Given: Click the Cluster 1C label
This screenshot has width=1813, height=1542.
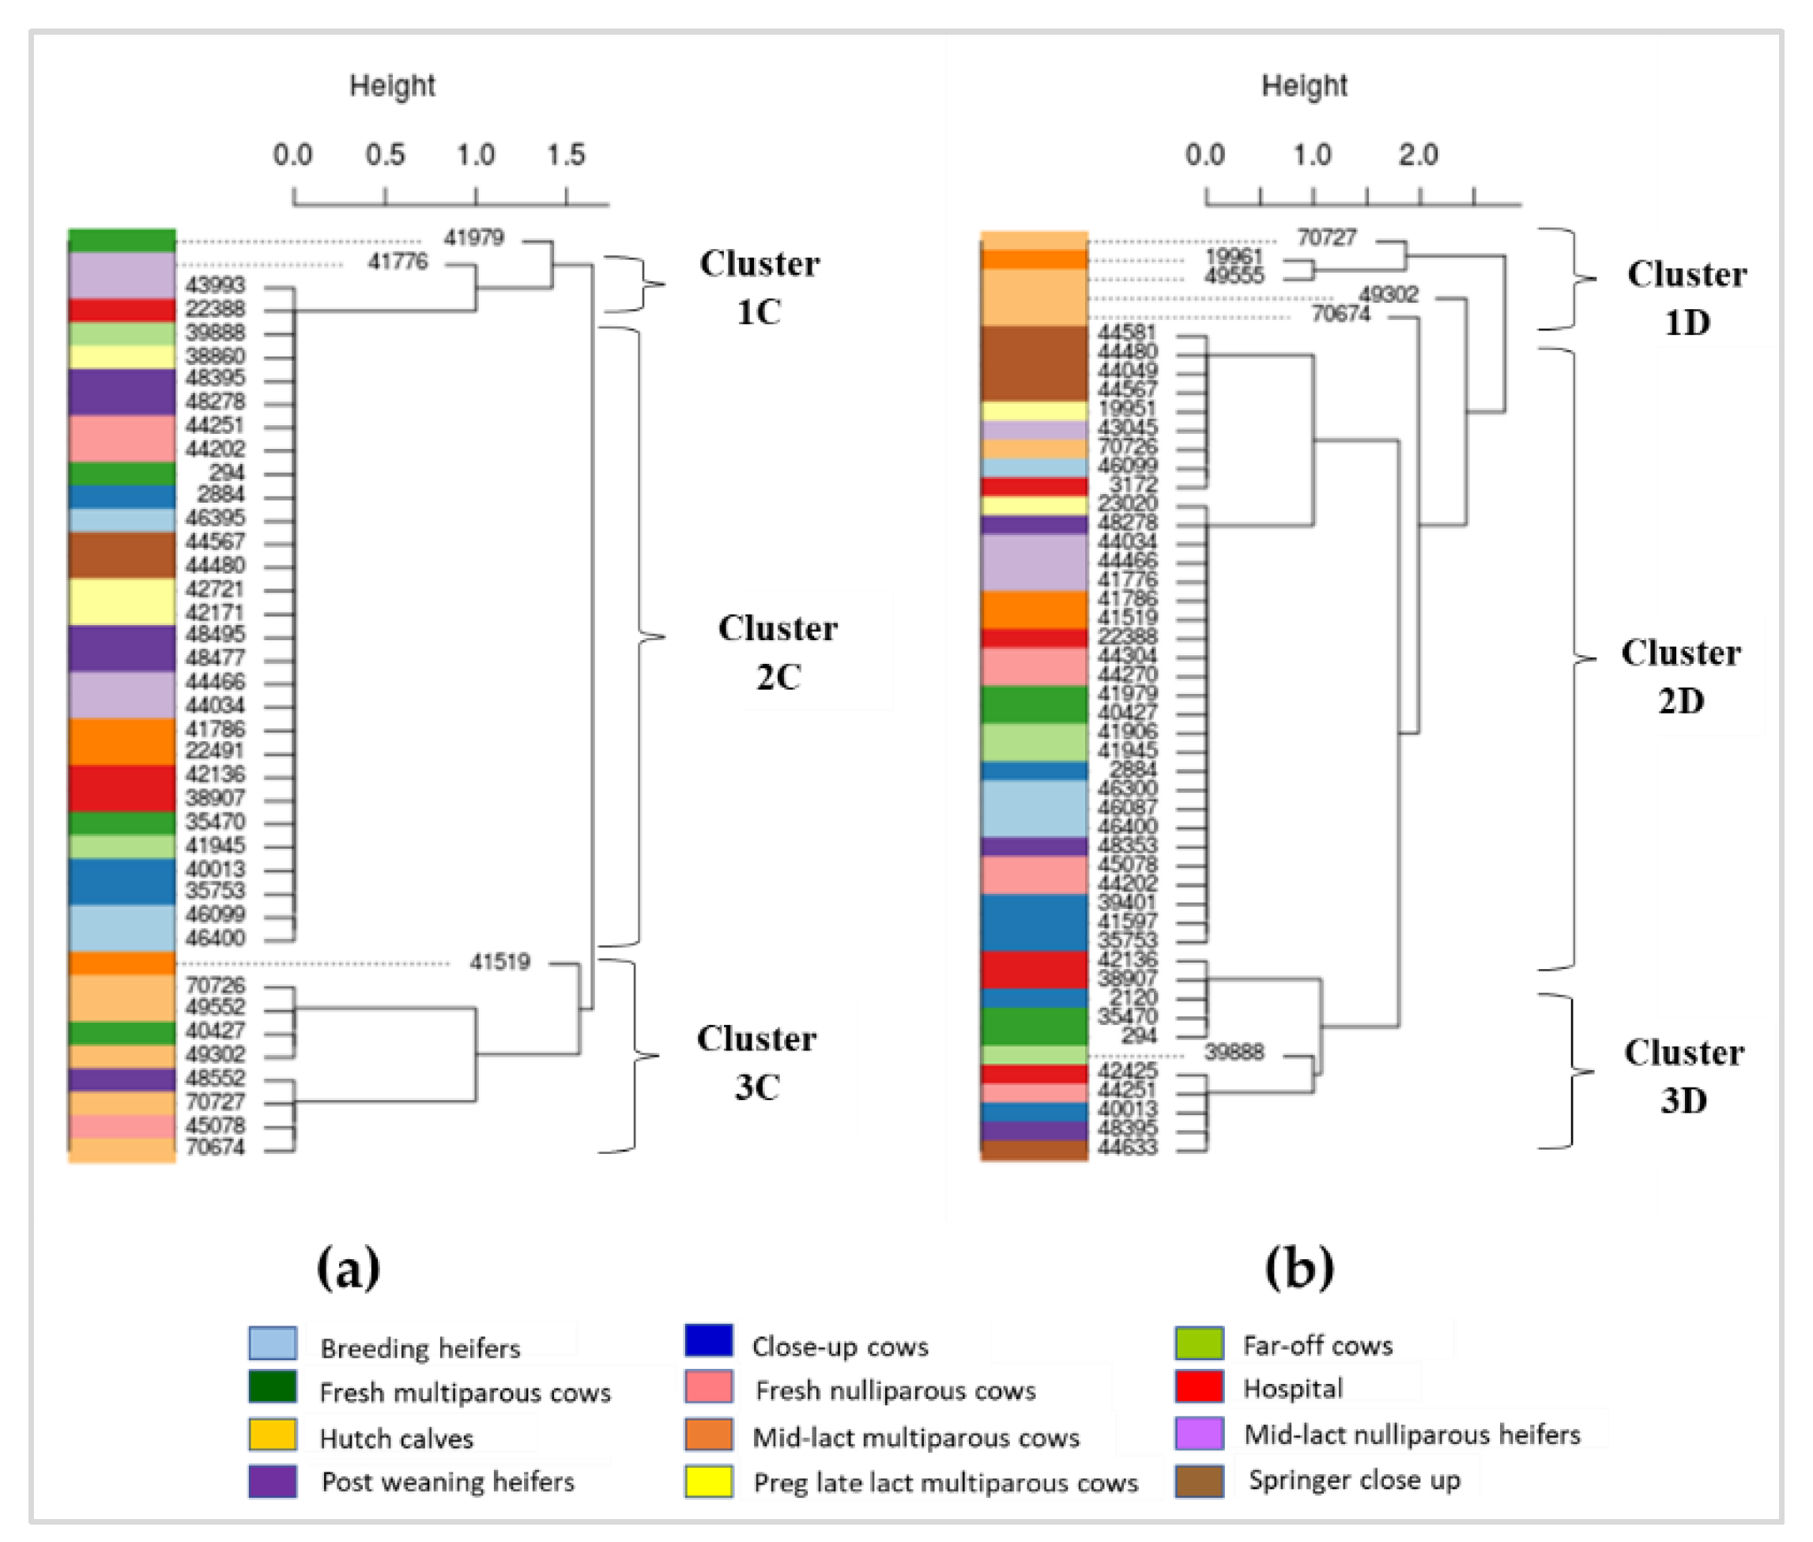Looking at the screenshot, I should click(x=759, y=288).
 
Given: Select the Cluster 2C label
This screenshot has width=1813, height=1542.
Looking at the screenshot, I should click(x=777, y=652).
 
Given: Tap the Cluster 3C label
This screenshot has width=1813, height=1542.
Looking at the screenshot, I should click(x=756, y=1062).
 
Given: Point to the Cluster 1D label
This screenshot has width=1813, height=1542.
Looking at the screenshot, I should click(x=1687, y=298).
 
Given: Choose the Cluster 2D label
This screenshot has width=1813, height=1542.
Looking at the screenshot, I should click(x=1680, y=677).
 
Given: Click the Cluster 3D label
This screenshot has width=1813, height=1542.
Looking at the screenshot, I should click(x=1683, y=1076).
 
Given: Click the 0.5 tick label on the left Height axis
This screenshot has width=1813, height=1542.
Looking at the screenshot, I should click(x=385, y=156).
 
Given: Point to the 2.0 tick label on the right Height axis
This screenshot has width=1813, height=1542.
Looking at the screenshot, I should click(x=1417, y=156).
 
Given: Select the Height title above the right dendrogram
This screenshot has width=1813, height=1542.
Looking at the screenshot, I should click(x=1303, y=85).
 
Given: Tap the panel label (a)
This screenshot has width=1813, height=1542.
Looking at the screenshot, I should click(x=348, y=1267).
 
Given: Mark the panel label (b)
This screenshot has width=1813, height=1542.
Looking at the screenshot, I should click(x=1299, y=1267).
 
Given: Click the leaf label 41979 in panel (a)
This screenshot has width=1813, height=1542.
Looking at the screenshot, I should click(x=473, y=238).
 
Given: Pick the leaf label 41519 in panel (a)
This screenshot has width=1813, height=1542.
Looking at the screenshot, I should click(x=499, y=963).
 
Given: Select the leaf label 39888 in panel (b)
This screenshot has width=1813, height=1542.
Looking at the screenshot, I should click(x=1234, y=1052).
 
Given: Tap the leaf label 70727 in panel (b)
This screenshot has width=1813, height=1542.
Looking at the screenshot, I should click(x=1326, y=238).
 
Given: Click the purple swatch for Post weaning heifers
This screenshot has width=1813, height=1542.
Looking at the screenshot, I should click(x=272, y=1482).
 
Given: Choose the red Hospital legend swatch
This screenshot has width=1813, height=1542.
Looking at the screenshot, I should click(x=1198, y=1388).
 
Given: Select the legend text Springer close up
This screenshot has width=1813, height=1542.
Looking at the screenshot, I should click(x=1353, y=1480).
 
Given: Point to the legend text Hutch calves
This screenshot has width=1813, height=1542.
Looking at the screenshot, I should click(x=396, y=1438).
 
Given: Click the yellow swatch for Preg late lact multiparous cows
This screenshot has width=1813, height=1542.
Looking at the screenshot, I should click(x=708, y=1482).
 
